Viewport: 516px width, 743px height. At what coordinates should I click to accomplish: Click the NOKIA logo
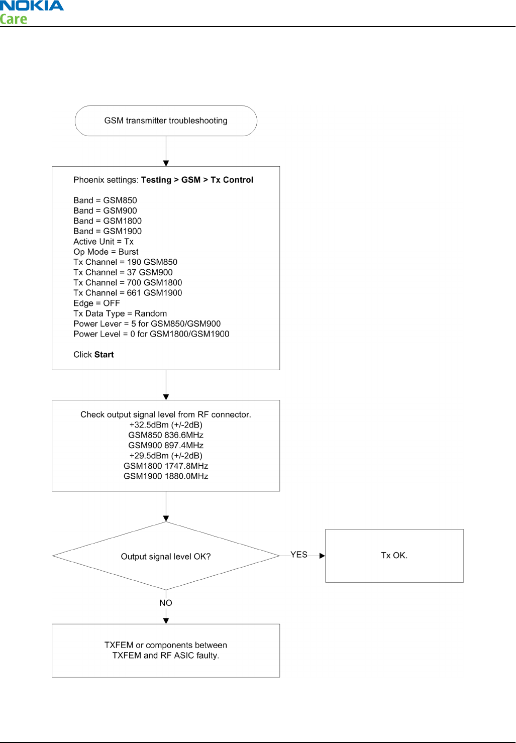(x=32, y=6)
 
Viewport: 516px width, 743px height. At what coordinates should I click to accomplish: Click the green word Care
(x=13, y=19)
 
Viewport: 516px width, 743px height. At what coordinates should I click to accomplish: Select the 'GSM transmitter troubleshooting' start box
(x=166, y=121)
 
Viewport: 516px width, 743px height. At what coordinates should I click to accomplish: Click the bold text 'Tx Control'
(x=232, y=180)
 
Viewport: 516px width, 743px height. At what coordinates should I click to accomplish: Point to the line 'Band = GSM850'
(x=105, y=200)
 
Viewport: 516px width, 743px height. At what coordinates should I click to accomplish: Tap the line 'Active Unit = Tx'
(x=104, y=242)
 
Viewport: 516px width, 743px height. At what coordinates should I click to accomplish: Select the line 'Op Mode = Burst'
(x=106, y=252)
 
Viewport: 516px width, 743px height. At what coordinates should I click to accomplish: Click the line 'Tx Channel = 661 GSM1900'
(x=128, y=293)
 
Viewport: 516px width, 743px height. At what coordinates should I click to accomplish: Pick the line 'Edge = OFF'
(x=96, y=303)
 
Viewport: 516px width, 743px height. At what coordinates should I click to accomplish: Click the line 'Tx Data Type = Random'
(x=120, y=313)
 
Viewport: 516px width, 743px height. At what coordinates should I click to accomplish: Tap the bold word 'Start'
(x=104, y=355)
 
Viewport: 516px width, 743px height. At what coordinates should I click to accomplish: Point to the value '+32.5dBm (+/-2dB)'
(x=166, y=425)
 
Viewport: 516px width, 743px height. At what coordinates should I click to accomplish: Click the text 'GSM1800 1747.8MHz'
(x=166, y=466)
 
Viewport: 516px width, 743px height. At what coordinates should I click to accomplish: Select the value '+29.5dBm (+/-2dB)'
(x=166, y=456)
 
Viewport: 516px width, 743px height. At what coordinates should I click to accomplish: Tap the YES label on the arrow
(x=298, y=555)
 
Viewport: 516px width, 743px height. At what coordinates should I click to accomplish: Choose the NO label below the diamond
(x=166, y=603)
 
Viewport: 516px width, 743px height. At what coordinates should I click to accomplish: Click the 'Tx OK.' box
(x=394, y=556)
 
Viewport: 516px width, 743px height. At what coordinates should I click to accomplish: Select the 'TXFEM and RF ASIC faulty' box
(x=166, y=651)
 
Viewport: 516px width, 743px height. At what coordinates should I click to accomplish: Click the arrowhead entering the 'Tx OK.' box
(x=322, y=556)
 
